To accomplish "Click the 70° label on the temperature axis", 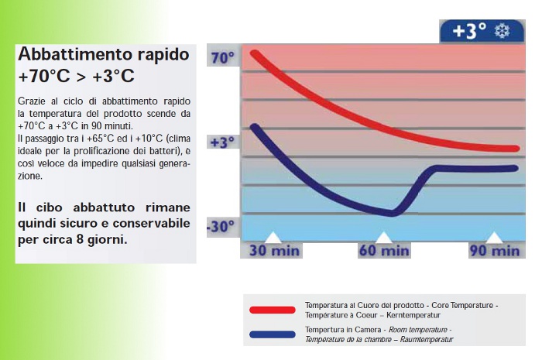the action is click(x=223, y=57).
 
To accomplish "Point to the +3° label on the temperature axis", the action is click(x=222, y=142).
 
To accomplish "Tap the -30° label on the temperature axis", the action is click(x=221, y=227).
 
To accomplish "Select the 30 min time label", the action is click(x=274, y=251).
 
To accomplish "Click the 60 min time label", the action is click(x=384, y=251).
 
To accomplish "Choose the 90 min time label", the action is click(x=495, y=251).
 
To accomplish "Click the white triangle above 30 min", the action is click(x=273, y=238).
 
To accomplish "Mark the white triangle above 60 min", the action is click(x=384, y=238).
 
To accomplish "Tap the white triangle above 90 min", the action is click(x=494, y=238).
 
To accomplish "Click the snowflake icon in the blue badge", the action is click(x=502, y=31).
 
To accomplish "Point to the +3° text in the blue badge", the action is click(x=469, y=31).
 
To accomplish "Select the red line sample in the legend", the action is click(x=273, y=310).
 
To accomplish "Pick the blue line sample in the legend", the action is click(x=273, y=334).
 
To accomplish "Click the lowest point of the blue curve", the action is click(x=391, y=214).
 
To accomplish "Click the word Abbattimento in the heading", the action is click(x=75, y=54).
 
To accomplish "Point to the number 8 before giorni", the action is click(x=80, y=239).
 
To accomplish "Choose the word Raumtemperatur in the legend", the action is click(x=427, y=339).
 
